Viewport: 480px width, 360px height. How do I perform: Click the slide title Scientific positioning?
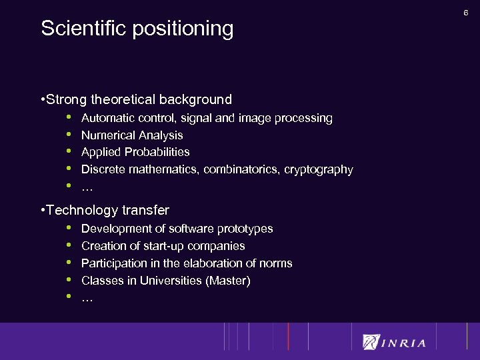[x=137, y=29]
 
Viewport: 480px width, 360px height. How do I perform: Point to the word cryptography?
[x=318, y=169]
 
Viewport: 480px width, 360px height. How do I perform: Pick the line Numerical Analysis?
[x=132, y=135]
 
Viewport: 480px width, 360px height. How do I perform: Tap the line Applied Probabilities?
[x=135, y=152]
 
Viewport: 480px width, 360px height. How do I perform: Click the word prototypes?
[x=245, y=229]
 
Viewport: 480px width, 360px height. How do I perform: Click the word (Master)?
[x=229, y=281]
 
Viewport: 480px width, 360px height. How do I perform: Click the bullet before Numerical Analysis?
[x=67, y=135]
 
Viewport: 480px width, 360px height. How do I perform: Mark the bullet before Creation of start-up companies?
[x=67, y=245]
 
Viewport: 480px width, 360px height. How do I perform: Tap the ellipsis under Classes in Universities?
[x=87, y=299]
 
